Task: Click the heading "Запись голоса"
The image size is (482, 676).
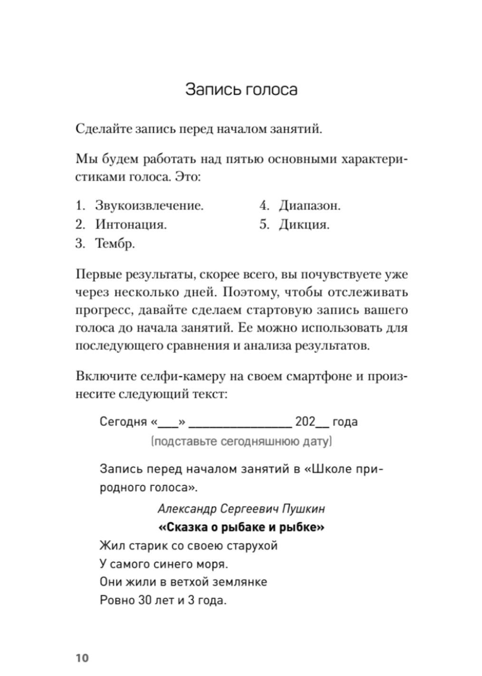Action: click(241, 90)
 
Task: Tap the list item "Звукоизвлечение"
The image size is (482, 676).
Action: click(149, 206)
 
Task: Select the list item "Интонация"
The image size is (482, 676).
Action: click(131, 224)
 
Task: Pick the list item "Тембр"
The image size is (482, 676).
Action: click(115, 244)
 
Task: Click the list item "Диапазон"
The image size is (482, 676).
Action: click(309, 206)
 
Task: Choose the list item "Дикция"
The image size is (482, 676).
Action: click(304, 224)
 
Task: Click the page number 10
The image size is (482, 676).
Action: click(82, 658)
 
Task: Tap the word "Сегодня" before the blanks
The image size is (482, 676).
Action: click(124, 422)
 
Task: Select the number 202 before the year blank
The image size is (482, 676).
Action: click(305, 422)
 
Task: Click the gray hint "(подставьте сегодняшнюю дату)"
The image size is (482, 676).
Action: click(241, 442)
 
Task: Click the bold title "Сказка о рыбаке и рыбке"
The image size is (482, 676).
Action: click(241, 528)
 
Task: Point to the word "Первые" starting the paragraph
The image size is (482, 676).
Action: click(97, 275)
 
